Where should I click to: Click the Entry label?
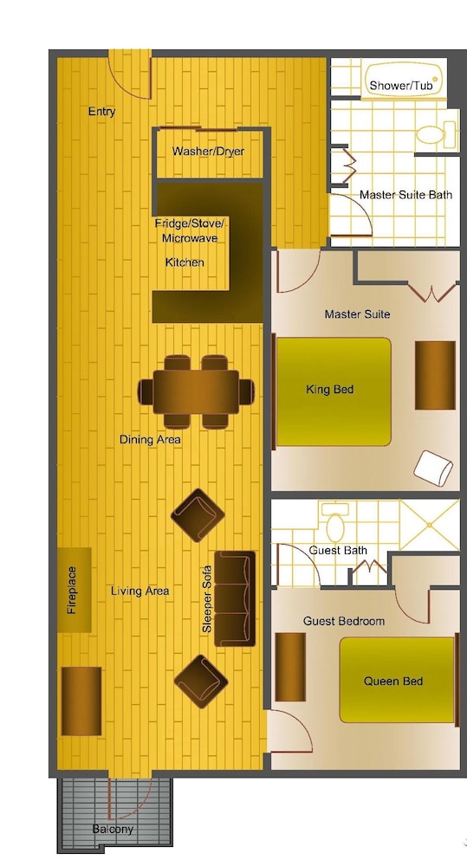[101, 112]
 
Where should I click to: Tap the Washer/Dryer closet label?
[208, 151]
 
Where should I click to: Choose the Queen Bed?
[397, 680]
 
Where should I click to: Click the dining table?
[196, 392]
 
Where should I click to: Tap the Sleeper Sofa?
[235, 598]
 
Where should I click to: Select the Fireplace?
[74, 590]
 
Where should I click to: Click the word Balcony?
[113, 829]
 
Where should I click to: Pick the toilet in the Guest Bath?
[335, 522]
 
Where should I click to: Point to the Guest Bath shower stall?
[430, 525]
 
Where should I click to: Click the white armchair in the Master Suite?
[433, 469]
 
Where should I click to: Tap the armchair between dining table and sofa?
[198, 516]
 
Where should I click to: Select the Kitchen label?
[185, 262]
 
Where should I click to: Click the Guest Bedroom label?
[344, 621]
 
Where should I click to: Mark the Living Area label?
[139, 591]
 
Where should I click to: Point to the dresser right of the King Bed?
[435, 375]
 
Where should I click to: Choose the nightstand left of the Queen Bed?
[290, 667]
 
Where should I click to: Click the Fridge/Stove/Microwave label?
[190, 231]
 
